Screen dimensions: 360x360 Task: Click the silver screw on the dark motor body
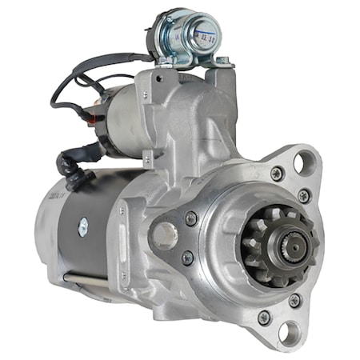coord(82,228)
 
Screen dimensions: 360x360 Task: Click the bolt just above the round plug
coord(190,218)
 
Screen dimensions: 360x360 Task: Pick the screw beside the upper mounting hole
coord(277,173)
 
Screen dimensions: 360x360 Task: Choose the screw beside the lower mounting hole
coord(263,318)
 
